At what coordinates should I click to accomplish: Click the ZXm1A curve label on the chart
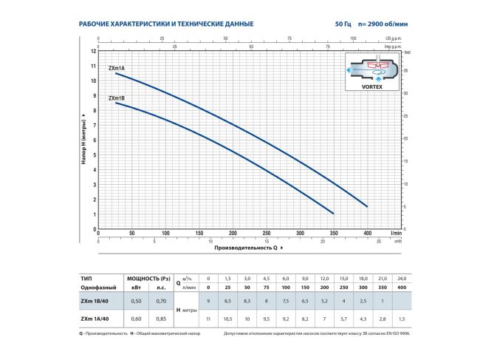pos(117,68)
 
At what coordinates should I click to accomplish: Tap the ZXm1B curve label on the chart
pos(117,98)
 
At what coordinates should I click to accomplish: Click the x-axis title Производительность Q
pos(246,248)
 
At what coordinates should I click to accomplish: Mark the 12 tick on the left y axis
pos(94,51)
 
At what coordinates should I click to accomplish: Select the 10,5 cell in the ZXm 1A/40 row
pos(228,319)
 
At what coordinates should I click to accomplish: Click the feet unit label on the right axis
pos(405,52)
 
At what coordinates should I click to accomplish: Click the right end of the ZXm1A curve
pos(366,206)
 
